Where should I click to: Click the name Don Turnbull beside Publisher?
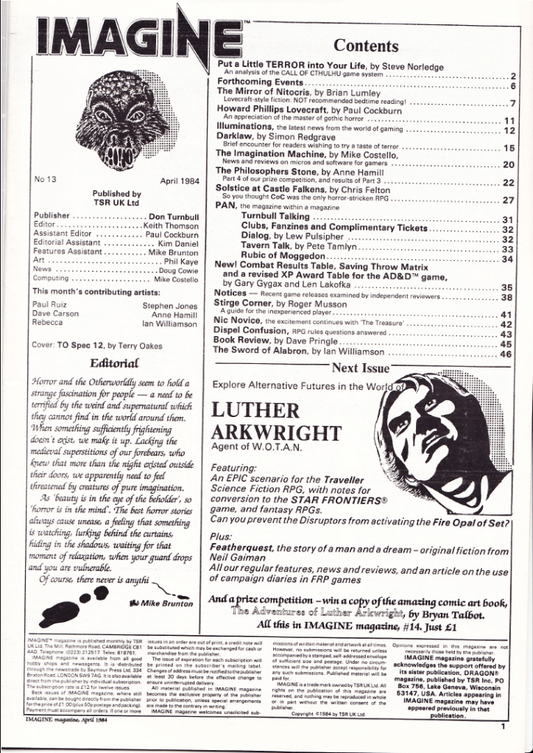(x=170, y=217)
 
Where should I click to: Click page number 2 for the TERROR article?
(x=513, y=76)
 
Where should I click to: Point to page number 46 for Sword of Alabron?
(x=507, y=354)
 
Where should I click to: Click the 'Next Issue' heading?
(x=360, y=368)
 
